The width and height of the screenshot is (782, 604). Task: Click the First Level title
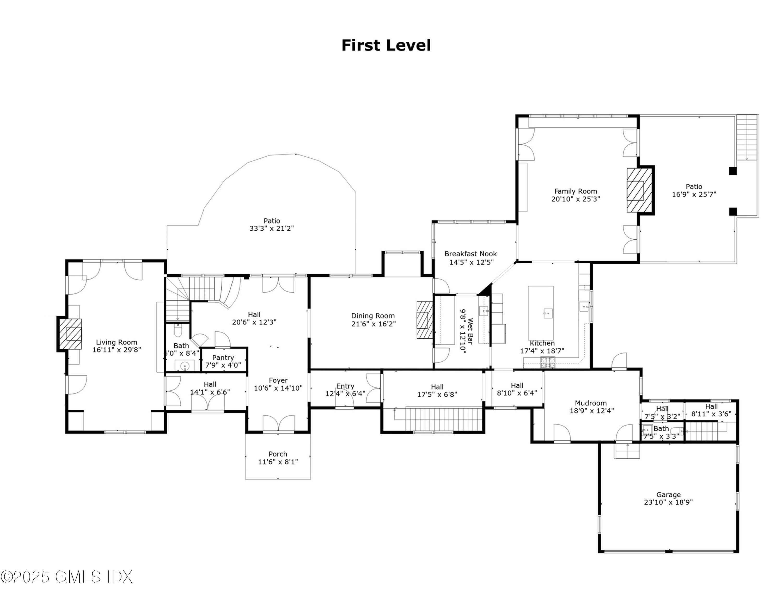coord(386,45)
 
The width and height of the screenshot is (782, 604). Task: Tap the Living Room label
coord(116,342)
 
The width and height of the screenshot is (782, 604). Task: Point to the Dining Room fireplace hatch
coord(425,319)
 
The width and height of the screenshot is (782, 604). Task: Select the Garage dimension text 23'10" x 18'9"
coord(668,502)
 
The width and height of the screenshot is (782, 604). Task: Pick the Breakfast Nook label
coord(471,254)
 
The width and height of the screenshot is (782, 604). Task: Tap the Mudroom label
coord(590,403)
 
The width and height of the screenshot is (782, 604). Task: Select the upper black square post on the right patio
coord(732,171)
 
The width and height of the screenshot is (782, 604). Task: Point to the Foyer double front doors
coord(278,423)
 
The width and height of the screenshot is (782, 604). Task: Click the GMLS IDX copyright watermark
coord(66,577)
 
